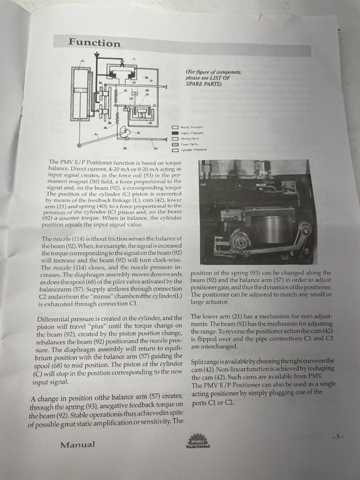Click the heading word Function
[94, 43]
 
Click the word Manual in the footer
[77, 444]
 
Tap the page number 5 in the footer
[335, 436]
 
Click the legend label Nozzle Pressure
[191, 128]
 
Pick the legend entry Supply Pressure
[191, 133]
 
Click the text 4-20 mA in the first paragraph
[131, 167]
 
